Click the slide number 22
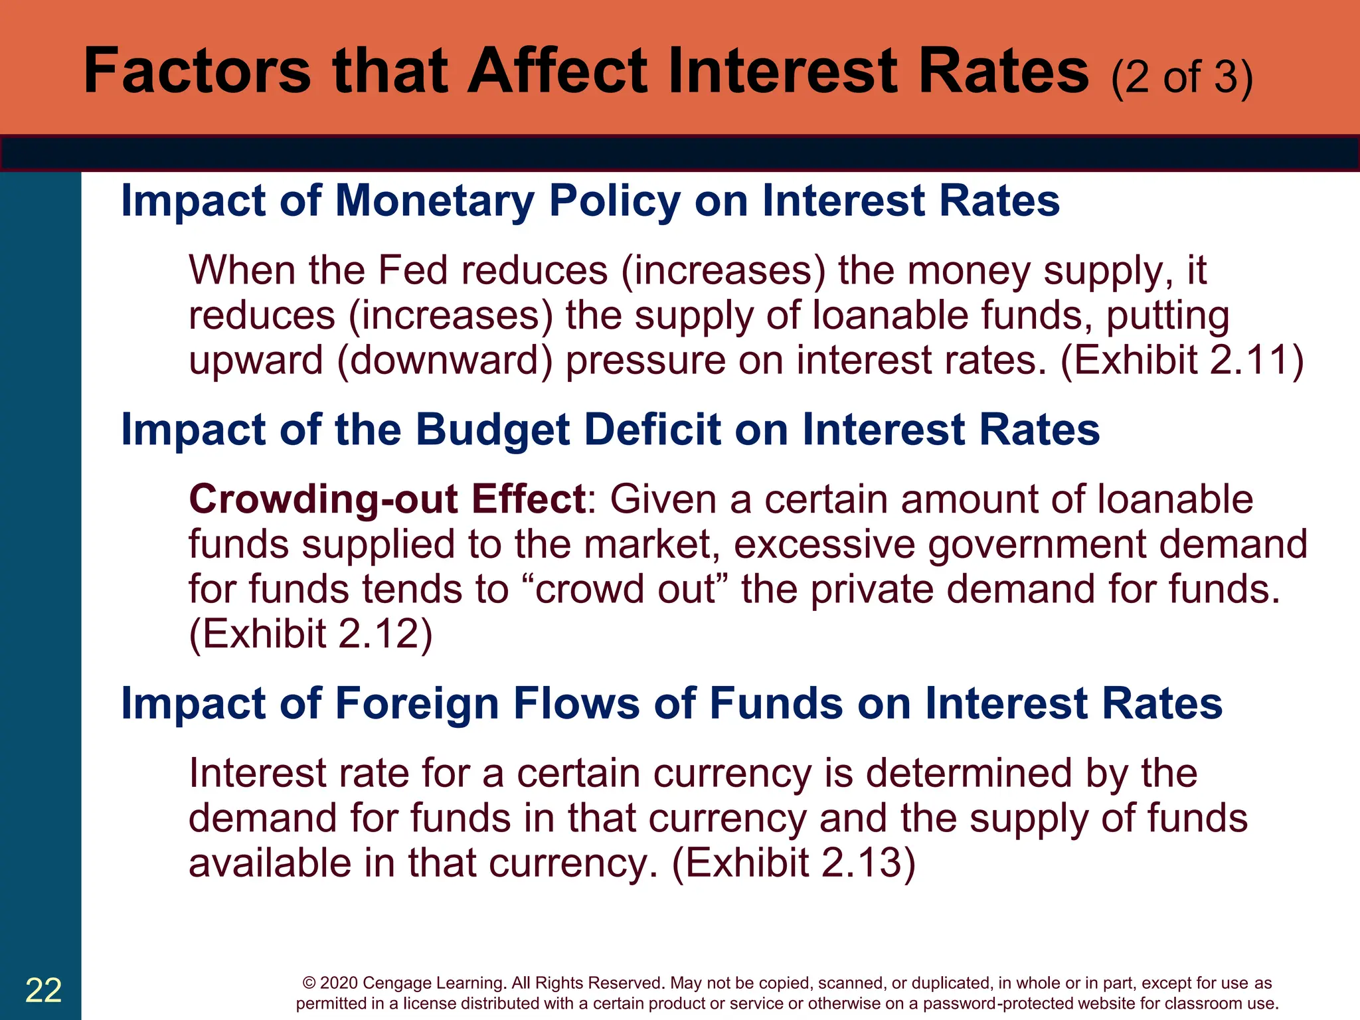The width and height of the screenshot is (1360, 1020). [43, 990]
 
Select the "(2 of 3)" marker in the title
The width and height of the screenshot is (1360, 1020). [1181, 77]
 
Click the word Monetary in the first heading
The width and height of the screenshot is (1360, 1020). [434, 201]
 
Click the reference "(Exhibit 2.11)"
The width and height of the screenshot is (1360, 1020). [1182, 360]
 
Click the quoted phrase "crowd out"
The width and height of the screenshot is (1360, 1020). [625, 589]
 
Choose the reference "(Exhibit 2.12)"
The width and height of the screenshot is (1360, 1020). [311, 634]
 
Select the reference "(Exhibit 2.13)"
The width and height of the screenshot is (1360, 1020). [794, 863]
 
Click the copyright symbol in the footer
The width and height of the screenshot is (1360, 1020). [309, 983]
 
